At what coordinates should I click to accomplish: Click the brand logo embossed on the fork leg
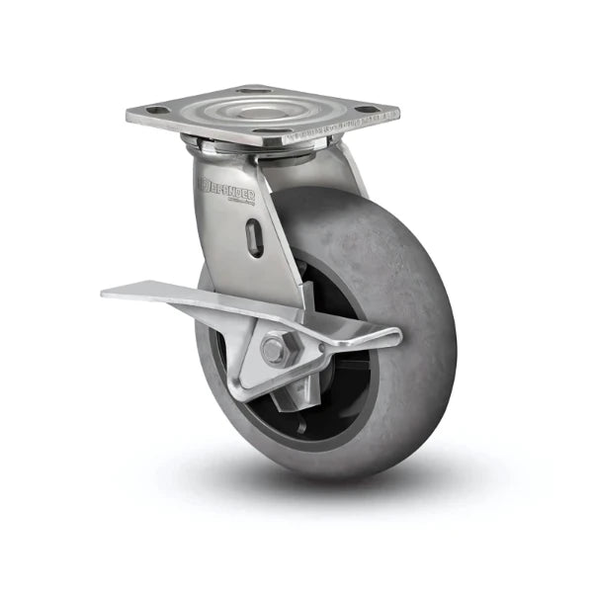pos(227,187)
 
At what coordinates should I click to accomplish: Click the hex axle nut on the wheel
pos(276,349)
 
